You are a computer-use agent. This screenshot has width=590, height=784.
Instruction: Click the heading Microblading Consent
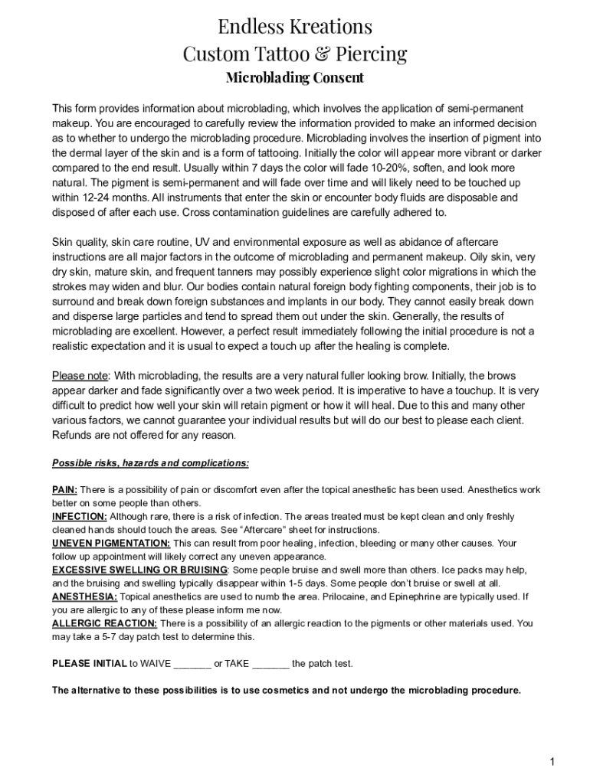click(295, 78)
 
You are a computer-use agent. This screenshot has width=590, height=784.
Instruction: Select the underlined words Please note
click(80, 376)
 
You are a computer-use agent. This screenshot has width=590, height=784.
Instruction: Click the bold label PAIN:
click(64, 490)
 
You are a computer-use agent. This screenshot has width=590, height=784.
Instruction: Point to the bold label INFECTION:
click(80, 517)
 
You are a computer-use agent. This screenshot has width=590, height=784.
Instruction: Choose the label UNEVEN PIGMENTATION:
click(111, 544)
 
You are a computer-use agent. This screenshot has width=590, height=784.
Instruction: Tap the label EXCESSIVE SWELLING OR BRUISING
click(139, 570)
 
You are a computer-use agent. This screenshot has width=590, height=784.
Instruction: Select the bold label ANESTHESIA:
click(84, 597)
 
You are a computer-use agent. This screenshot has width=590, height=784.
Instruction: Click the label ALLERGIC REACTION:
click(104, 624)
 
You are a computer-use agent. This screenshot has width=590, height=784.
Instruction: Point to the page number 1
click(551, 761)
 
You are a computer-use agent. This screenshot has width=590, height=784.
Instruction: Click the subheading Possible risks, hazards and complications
click(150, 463)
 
